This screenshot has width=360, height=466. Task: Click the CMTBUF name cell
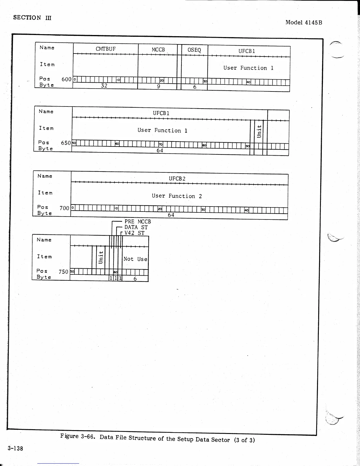pyautogui.click(x=106, y=49)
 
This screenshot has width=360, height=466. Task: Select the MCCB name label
pyautogui.click(x=158, y=50)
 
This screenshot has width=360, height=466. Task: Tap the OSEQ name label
pyautogui.click(x=194, y=50)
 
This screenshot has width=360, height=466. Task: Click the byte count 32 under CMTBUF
pyautogui.click(x=104, y=86)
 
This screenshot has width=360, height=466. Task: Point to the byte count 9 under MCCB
pyautogui.click(x=159, y=86)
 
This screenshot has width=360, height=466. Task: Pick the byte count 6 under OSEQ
pyautogui.click(x=195, y=87)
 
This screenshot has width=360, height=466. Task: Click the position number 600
pyautogui.click(x=66, y=79)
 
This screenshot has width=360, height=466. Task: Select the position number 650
pyautogui.click(x=66, y=143)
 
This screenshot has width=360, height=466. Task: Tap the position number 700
pyautogui.click(x=64, y=208)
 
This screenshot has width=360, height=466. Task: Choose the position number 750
pyautogui.click(x=63, y=272)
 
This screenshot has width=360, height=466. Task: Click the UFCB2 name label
pyautogui.click(x=177, y=179)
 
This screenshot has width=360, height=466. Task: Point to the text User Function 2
pyautogui.click(x=177, y=196)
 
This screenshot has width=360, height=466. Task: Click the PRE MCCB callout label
pyautogui.click(x=137, y=222)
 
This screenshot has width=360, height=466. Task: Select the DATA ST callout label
pyautogui.click(x=136, y=227)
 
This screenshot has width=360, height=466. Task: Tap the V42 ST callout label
pyautogui.click(x=134, y=233)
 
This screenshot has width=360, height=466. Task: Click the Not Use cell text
pyautogui.click(x=135, y=259)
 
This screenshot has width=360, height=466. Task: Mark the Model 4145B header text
pyautogui.click(x=304, y=22)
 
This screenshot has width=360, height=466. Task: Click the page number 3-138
pyautogui.click(x=15, y=448)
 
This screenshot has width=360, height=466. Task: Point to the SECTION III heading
pyautogui.click(x=32, y=18)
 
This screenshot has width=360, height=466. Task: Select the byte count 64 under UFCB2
pyautogui.click(x=171, y=215)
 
